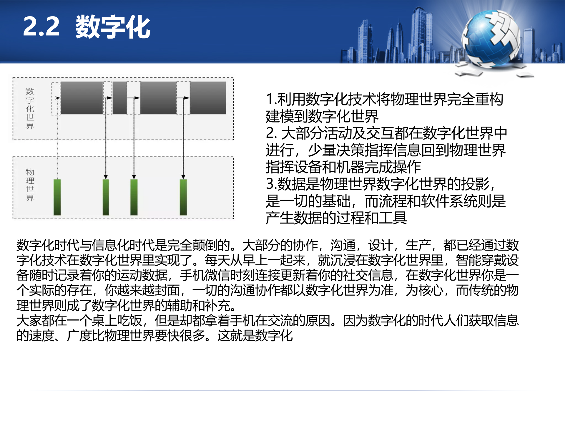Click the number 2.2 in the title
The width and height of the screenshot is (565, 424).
click(x=41, y=27)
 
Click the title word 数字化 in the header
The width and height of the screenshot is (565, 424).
click(x=113, y=27)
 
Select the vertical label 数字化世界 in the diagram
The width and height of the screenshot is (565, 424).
click(x=30, y=108)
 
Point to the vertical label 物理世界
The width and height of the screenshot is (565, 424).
click(x=30, y=185)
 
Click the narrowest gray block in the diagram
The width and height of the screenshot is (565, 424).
click(x=120, y=98)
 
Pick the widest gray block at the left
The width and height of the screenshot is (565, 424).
click(x=82, y=98)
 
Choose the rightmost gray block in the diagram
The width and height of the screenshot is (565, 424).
click(x=208, y=98)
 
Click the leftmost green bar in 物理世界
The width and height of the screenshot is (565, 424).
click(x=57, y=197)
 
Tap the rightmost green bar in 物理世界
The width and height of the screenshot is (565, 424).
click(x=183, y=197)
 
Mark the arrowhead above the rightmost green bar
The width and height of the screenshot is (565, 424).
click(x=183, y=177)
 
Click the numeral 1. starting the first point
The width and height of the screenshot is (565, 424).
click(x=271, y=99)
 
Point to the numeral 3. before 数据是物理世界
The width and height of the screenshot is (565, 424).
click(x=271, y=184)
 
